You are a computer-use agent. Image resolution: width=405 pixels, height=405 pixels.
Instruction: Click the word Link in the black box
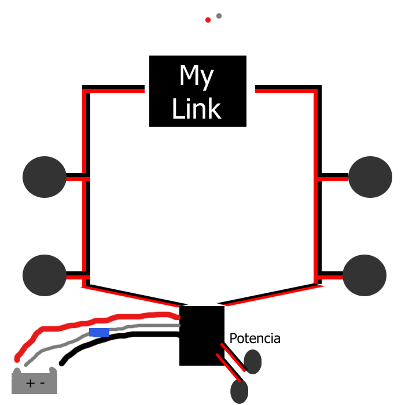(197, 109)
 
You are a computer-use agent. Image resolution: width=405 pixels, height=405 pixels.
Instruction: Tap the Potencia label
(255, 338)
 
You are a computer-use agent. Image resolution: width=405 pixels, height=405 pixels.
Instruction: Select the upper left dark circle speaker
(45, 177)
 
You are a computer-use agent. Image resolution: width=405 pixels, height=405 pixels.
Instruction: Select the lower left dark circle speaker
(45, 275)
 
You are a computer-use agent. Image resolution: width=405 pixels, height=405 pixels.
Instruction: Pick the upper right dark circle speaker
(370, 177)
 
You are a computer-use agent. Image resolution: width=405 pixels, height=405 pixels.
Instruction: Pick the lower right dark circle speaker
(365, 275)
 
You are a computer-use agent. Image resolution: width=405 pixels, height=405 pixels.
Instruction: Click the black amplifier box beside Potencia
(201, 341)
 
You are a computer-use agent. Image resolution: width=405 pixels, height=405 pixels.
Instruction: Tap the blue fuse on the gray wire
(100, 333)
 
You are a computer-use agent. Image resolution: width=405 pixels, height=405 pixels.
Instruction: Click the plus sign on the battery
(30, 383)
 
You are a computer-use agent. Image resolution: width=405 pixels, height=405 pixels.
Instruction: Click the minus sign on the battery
(42, 383)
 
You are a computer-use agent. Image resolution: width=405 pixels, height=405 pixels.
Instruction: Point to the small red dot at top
(208, 20)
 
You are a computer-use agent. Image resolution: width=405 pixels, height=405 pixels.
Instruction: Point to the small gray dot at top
(219, 16)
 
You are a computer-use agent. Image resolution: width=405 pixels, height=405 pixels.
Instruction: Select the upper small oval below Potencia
(253, 362)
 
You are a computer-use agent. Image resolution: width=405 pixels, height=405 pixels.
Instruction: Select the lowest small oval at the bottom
(239, 392)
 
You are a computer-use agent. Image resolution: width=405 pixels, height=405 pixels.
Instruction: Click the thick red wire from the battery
(87, 321)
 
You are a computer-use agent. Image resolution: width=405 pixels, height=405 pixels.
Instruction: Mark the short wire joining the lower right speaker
(331, 275)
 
